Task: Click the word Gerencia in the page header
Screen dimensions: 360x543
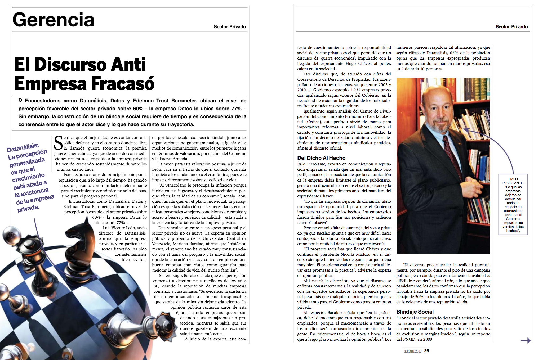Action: (x=53, y=20)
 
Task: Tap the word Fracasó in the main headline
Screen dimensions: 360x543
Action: (x=123, y=84)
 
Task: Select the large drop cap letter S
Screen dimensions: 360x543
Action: (x=58, y=143)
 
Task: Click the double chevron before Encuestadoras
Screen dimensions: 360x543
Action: (x=20, y=100)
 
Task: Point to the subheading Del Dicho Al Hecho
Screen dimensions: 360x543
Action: (x=321, y=158)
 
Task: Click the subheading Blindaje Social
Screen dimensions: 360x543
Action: (x=415, y=312)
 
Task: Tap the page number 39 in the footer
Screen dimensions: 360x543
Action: (x=426, y=351)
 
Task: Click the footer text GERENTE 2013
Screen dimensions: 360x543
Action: (x=412, y=351)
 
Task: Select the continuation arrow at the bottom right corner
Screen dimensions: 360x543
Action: (x=526, y=340)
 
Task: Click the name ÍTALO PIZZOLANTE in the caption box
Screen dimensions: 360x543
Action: (x=513, y=181)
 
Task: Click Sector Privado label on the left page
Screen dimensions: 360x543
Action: (x=230, y=27)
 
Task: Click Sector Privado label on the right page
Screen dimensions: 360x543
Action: (x=511, y=27)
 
